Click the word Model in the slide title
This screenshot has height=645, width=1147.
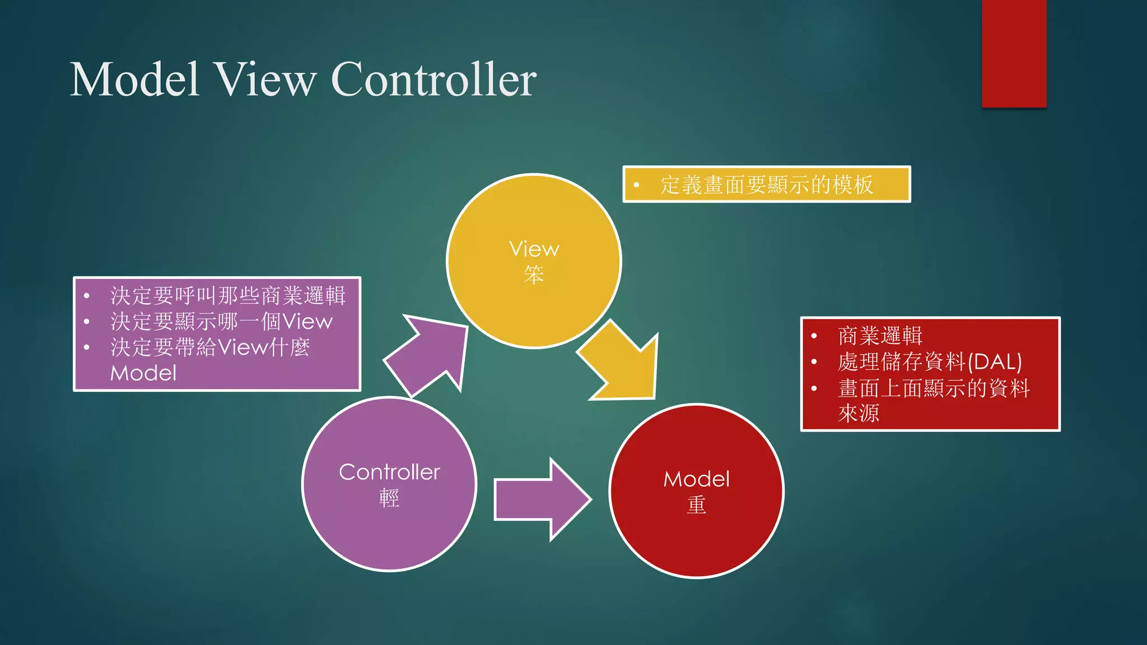click(x=134, y=80)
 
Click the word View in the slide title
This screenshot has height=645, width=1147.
click(x=265, y=80)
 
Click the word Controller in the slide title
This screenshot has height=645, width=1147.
click(x=433, y=80)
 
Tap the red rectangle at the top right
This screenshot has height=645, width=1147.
click(x=1014, y=53)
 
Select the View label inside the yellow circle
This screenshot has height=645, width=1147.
click(x=534, y=249)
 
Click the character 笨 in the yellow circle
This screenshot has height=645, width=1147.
click(x=534, y=275)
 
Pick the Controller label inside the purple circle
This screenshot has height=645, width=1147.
click(x=389, y=472)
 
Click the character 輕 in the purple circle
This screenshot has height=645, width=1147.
click(x=389, y=498)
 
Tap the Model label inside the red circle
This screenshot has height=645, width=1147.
click(x=696, y=479)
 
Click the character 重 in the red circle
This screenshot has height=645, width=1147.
click(x=696, y=505)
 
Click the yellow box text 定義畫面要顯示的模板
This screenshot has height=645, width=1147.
click(x=766, y=185)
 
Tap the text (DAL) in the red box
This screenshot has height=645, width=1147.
click(x=994, y=362)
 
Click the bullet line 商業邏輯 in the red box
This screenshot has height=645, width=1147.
click(x=880, y=336)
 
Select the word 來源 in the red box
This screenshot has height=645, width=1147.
click(x=858, y=413)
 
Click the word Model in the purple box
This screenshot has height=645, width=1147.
click(x=143, y=373)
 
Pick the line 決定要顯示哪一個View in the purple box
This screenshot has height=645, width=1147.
click(x=221, y=321)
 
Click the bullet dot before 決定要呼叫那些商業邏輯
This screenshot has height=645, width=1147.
click(x=87, y=296)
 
